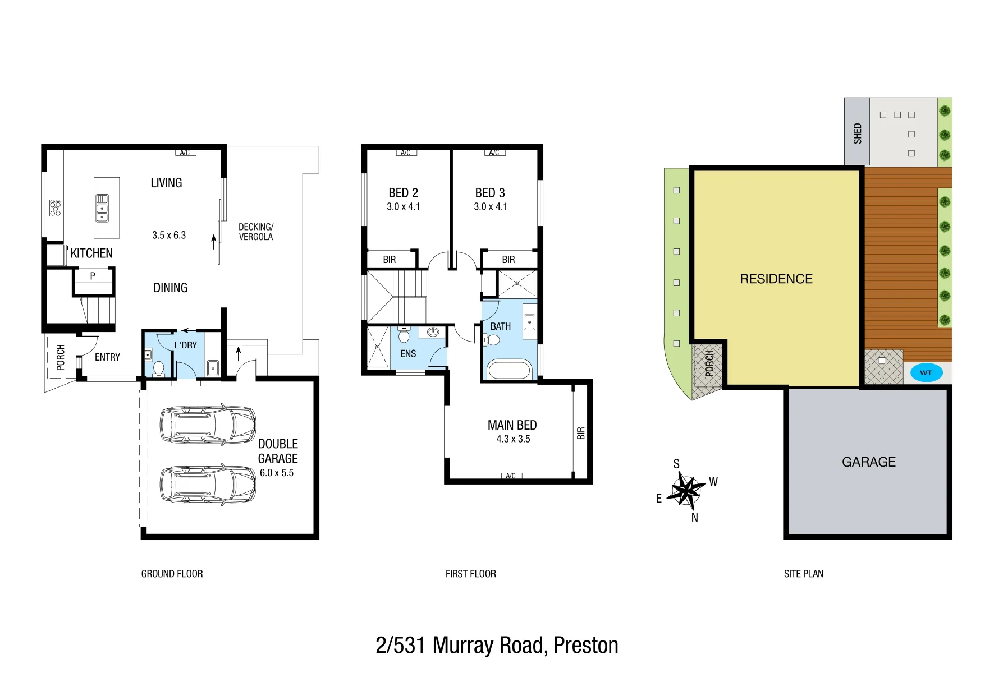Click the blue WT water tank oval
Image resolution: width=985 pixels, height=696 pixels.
[x=926, y=372]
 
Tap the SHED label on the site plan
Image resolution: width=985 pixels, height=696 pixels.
[x=857, y=133]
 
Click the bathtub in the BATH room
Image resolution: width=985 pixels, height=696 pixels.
[x=509, y=370]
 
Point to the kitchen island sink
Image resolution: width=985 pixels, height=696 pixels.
[x=102, y=208]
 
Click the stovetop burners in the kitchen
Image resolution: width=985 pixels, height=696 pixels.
[x=55, y=208]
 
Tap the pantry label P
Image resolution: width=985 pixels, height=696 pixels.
[x=93, y=276]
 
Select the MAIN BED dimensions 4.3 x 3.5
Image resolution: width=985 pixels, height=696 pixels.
[x=513, y=439]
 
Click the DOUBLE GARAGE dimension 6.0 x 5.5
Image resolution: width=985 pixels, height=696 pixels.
[x=277, y=473]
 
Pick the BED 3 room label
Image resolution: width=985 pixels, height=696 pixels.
[x=490, y=193]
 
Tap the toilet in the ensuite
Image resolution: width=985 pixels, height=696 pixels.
[x=404, y=335]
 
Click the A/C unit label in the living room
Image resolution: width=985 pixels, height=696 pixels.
[x=185, y=153]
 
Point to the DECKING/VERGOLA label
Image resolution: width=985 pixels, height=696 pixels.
[x=256, y=232]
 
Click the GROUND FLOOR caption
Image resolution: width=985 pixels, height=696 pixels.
[x=172, y=574]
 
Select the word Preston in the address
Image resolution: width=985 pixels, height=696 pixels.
[x=586, y=646]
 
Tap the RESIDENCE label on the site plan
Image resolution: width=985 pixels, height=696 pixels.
[x=776, y=279]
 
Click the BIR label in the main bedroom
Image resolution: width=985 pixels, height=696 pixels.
[x=581, y=433]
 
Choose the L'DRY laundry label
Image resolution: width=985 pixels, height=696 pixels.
[x=185, y=345]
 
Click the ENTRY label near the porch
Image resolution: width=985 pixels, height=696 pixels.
[x=107, y=357]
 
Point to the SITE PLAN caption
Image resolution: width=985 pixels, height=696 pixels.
[x=804, y=574]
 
